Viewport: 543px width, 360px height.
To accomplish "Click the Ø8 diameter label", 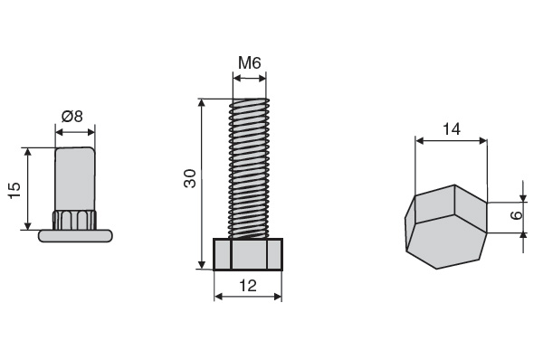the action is click(72, 117).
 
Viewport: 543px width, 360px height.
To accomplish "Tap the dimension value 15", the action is click(14, 190).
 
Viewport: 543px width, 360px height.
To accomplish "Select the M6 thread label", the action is click(250, 63).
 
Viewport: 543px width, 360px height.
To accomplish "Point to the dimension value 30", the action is click(190, 178).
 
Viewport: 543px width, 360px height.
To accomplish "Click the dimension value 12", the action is click(248, 286).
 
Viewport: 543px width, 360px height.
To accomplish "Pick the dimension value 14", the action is click(452, 129).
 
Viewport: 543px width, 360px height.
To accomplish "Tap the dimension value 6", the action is click(516, 215).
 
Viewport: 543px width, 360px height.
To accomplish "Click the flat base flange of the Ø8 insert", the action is click(75, 236).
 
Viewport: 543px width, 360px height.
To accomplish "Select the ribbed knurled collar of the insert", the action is click(74, 220).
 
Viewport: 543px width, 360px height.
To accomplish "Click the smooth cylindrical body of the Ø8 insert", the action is click(75, 178).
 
